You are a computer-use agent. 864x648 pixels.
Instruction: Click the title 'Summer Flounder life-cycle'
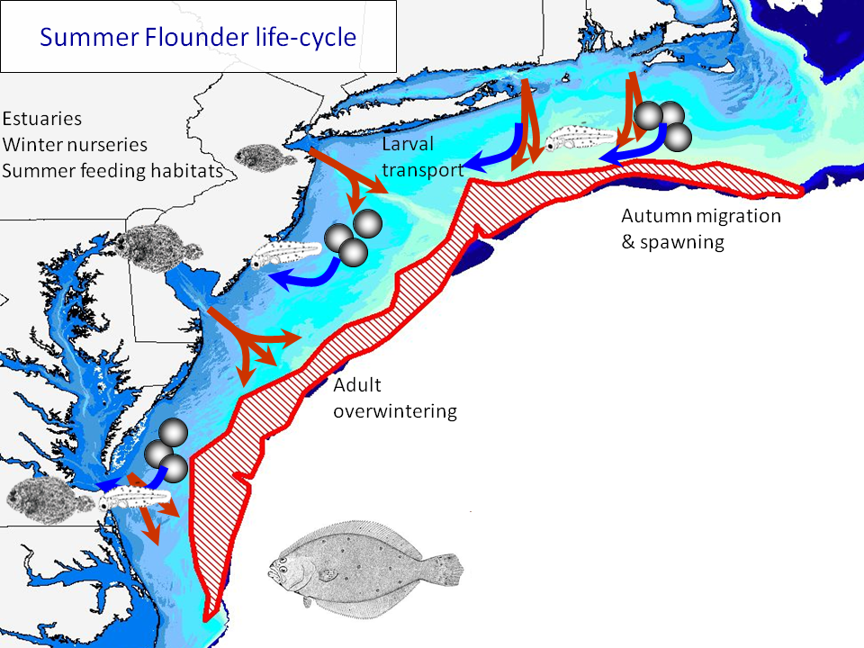[x=198, y=38]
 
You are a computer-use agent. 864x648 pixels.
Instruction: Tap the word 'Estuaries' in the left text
[x=42, y=120]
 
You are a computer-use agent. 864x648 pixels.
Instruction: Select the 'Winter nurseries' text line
[x=75, y=144]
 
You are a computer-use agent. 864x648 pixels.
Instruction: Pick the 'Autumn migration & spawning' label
[x=701, y=229]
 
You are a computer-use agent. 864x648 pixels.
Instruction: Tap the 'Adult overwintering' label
[x=395, y=399]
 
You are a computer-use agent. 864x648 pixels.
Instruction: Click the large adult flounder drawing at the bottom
[x=364, y=564]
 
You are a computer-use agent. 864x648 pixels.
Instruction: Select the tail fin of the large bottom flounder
[x=446, y=569]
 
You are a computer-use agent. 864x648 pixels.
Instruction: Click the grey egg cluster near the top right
[x=662, y=122]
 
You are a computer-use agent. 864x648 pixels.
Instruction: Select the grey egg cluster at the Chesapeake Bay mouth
[x=166, y=450]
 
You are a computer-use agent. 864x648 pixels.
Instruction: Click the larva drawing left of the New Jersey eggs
[x=279, y=256]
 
